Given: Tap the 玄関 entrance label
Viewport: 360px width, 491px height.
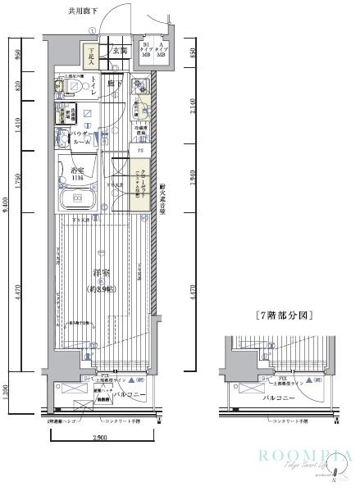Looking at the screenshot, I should (x=118, y=51).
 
